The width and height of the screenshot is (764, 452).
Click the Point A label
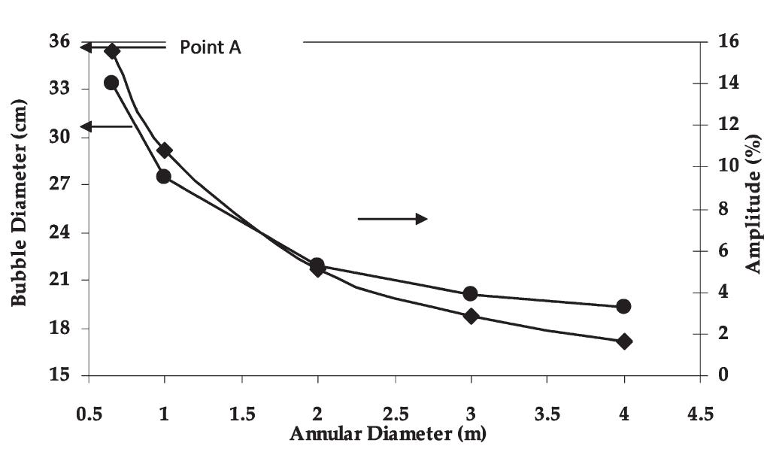click(x=211, y=47)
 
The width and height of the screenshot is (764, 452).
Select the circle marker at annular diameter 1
click(x=164, y=177)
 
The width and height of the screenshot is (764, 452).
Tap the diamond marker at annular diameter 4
click(x=623, y=341)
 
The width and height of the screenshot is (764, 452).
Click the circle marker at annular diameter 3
click(x=471, y=293)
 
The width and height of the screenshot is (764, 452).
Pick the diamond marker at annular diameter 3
click(x=471, y=316)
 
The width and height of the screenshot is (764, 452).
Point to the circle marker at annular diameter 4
click(x=623, y=306)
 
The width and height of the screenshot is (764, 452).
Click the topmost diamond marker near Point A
click(x=112, y=51)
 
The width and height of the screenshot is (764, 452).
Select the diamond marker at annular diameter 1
click(x=165, y=150)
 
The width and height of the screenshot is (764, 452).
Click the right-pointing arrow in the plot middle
click(x=392, y=219)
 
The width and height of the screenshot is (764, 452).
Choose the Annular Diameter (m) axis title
click(x=387, y=433)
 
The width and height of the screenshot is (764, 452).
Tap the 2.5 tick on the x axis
click(x=395, y=415)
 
